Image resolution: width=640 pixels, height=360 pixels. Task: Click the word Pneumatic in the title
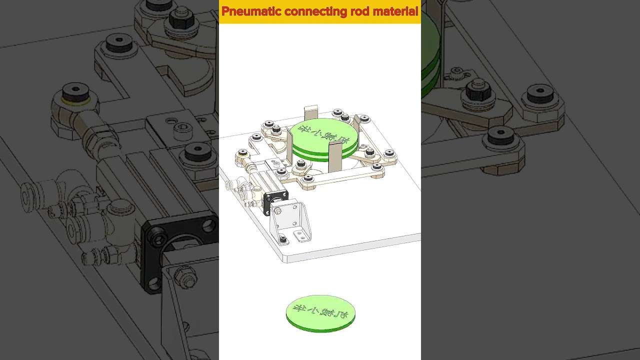tap(251, 11)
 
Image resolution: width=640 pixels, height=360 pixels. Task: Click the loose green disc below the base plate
tap(320, 313)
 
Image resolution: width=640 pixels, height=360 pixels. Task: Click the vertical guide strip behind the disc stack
tap(311, 112)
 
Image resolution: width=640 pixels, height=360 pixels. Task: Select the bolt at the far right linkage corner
tap(389, 153)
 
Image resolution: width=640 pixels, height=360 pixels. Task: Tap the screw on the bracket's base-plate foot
tap(283, 240)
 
